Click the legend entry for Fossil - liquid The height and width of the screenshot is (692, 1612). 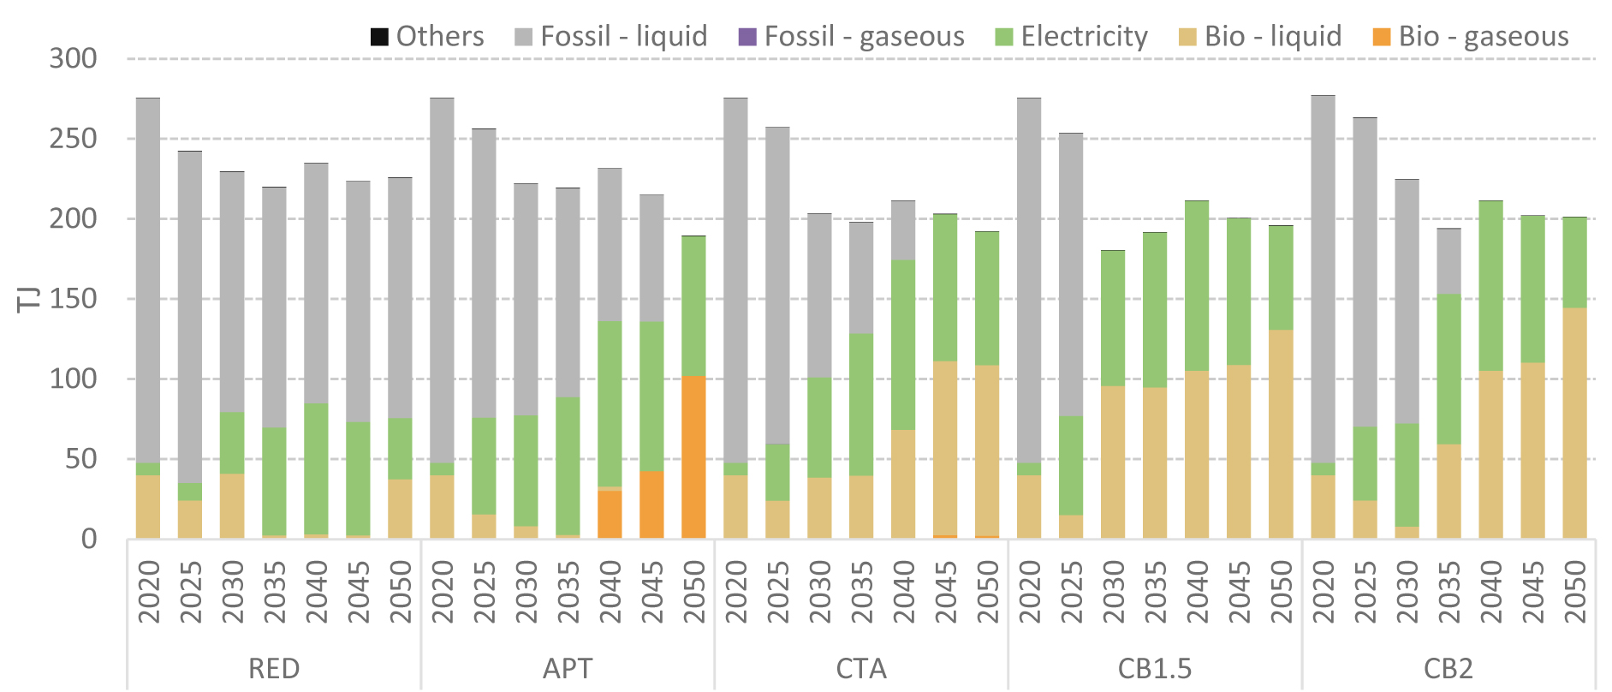pos(611,36)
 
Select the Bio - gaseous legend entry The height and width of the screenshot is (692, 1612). pos(1472,36)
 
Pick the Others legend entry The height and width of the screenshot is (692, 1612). pos(427,36)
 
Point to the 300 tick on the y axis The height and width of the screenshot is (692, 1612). pos(74,58)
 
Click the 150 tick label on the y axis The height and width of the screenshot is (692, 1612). pos(74,299)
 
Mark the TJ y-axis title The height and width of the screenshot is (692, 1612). pos(28,299)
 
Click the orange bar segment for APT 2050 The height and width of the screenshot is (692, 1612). pos(693,457)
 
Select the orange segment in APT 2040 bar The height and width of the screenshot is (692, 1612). pos(610,514)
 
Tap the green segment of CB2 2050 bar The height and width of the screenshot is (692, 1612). pos(1574,262)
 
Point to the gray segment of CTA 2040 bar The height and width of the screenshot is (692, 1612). pos(903,230)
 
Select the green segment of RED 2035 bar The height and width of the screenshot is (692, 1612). pos(274,481)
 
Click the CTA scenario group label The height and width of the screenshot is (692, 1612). pos(861,669)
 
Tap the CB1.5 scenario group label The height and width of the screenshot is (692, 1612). pos(1155,669)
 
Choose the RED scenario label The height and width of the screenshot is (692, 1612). pos(274,669)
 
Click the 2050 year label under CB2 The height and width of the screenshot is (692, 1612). pos(1574,592)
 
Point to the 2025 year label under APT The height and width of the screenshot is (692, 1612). pos(484,592)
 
